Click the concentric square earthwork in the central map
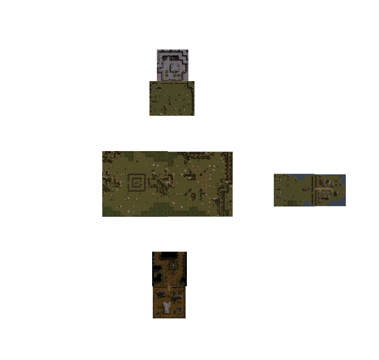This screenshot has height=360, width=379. pyautogui.click(x=136, y=183)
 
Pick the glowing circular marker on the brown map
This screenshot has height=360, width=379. pyautogui.click(x=172, y=266)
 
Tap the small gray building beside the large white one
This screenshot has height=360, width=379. pyautogui.click(x=176, y=297)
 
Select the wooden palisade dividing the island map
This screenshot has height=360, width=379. pyautogui.click(x=315, y=189)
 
